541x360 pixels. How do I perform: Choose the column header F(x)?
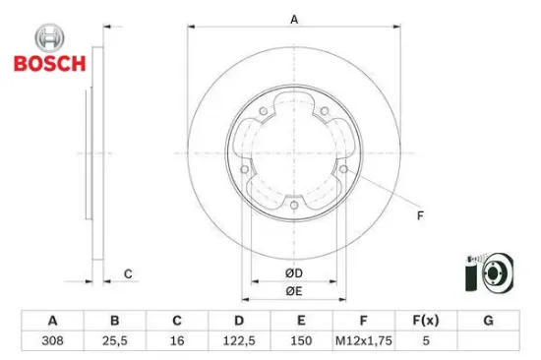pyautogui.click(x=425, y=321)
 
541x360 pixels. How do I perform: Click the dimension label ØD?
pyautogui.click(x=293, y=272)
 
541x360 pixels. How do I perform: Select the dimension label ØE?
pyautogui.click(x=293, y=291)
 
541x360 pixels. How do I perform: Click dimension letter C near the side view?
pyautogui.click(x=127, y=272)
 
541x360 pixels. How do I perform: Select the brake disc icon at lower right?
pyautogui.click(x=488, y=272)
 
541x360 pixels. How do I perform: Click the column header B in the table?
pyautogui.click(x=115, y=321)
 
